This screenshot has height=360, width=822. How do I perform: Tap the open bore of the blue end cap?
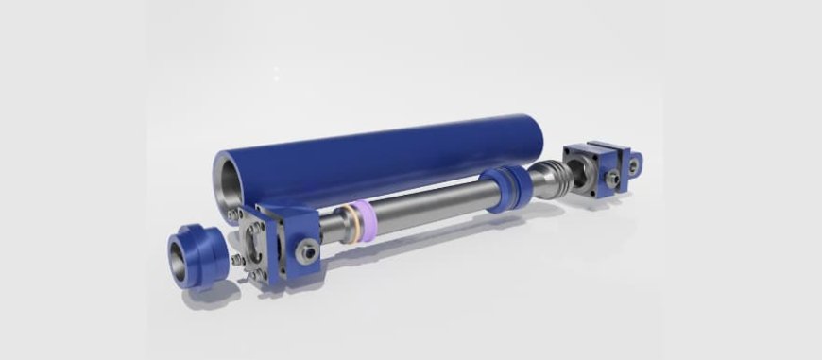(181, 254)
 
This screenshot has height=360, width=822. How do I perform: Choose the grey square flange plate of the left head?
(252, 248)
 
